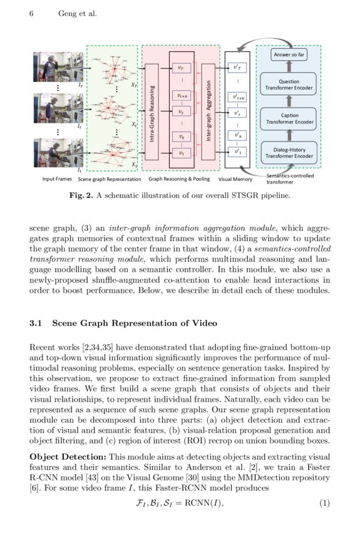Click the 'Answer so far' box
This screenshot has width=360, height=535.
pyautogui.click(x=289, y=55)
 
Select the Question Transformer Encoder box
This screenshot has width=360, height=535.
pyautogui.click(x=289, y=85)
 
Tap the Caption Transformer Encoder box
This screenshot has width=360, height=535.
pyautogui.click(x=289, y=118)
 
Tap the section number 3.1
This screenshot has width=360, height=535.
pyautogui.click(x=36, y=324)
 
